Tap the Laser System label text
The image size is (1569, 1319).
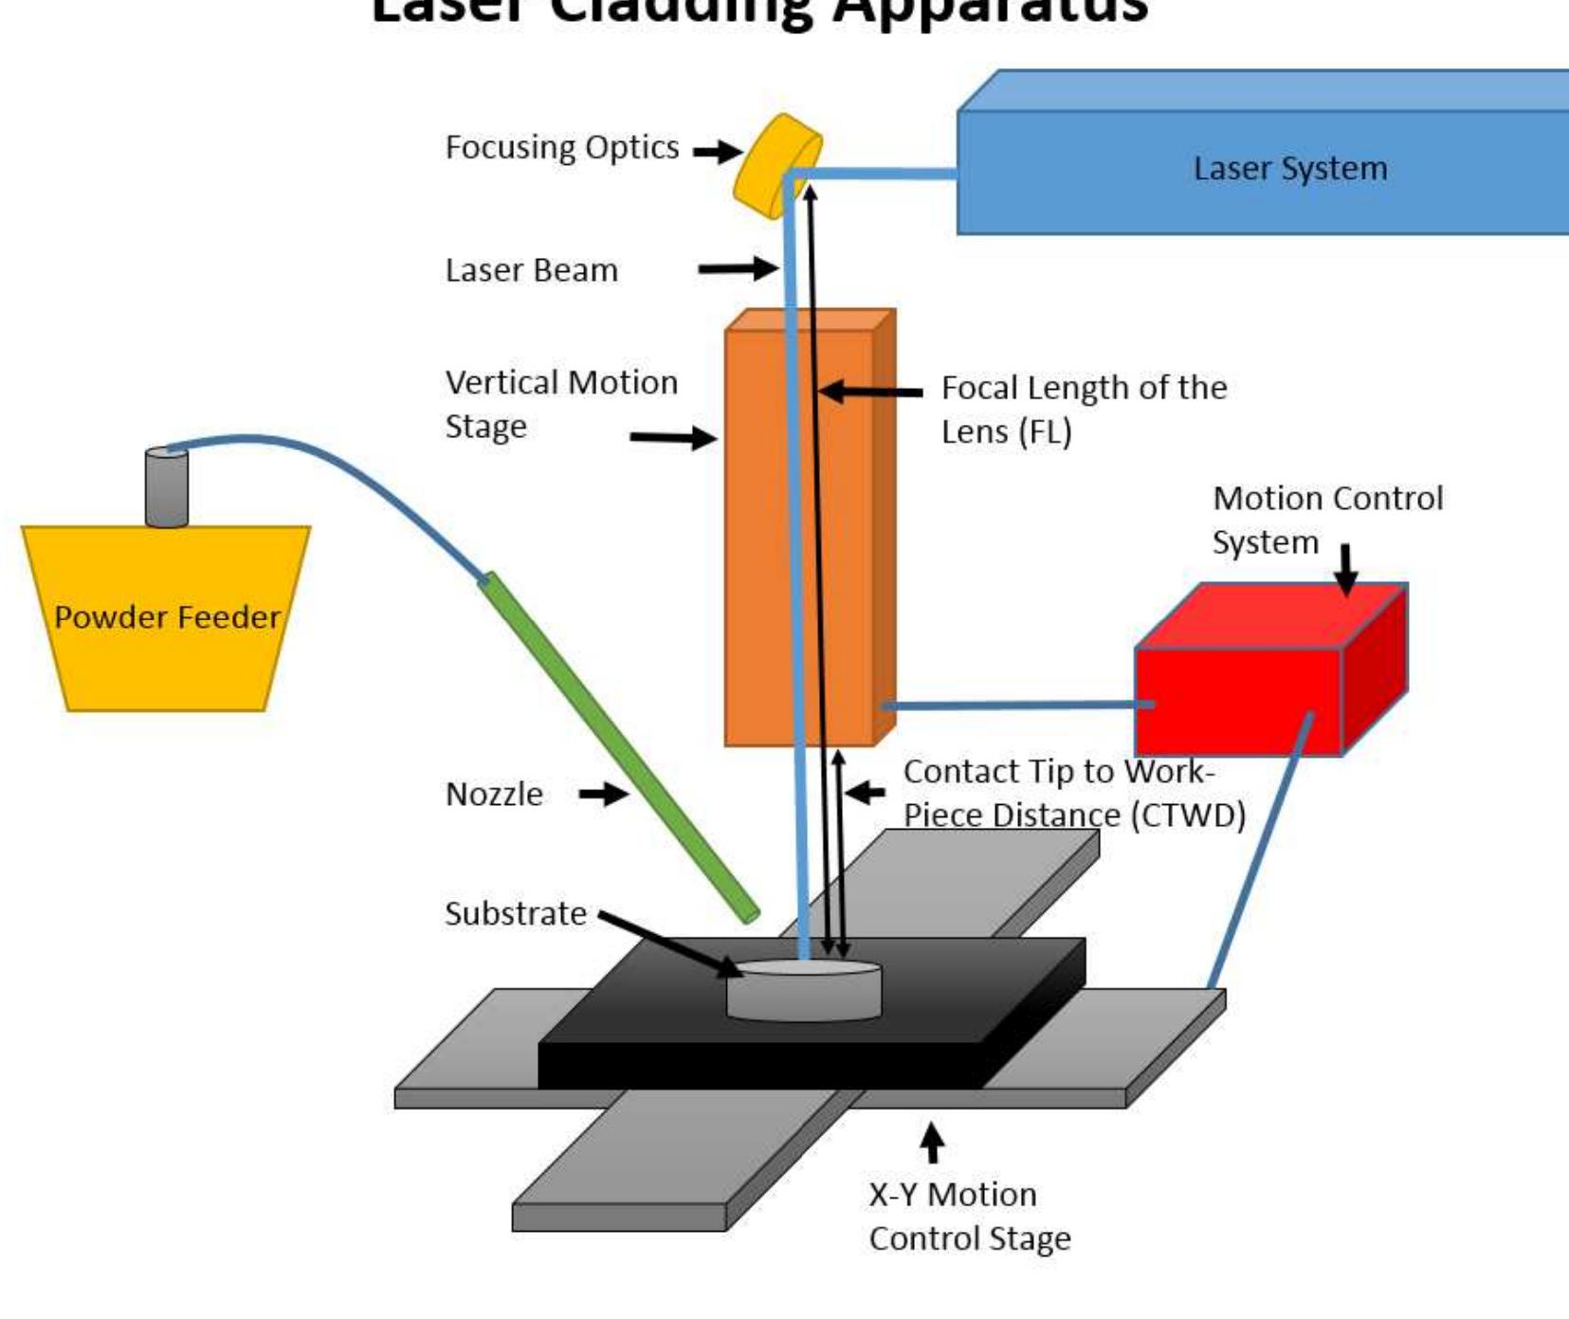[1289, 169]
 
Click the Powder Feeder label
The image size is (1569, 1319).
[167, 617]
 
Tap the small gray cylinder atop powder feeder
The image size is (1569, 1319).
[166, 488]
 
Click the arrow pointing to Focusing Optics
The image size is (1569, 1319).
[717, 151]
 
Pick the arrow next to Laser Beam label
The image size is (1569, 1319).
[738, 269]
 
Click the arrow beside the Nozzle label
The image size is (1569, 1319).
[604, 794]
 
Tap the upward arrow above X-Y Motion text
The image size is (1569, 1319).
[933, 1142]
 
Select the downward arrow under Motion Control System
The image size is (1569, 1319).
[1346, 569]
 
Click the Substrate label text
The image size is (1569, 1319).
[516, 914]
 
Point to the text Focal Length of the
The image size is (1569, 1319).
[1084, 388]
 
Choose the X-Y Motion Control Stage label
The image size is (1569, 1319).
[969, 1217]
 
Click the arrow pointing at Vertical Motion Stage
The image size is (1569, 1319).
[673, 438]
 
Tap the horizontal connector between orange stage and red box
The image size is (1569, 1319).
[1014, 705]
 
